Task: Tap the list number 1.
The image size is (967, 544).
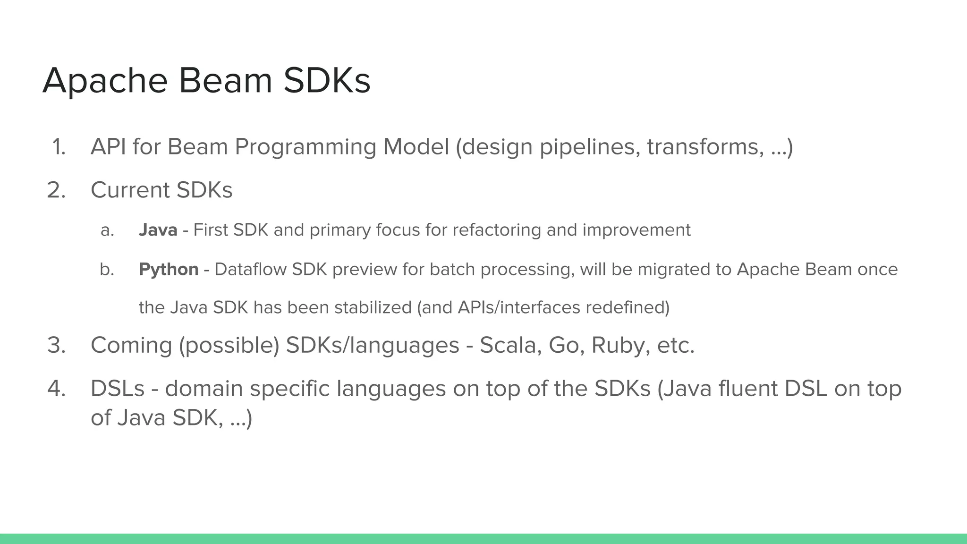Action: pyautogui.click(x=59, y=147)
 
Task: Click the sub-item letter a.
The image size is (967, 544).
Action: pyautogui.click(x=107, y=230)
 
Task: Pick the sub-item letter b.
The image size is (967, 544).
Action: pyautogui.click(x=107, y=270)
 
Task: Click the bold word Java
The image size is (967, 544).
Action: pyautogui.click(x=158, y=230)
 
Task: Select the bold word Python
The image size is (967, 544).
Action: pyautogui.click(x=169, y=270)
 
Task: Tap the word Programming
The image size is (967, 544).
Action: pyautogui.click(x=305, y=147)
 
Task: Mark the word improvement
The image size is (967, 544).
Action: pyautogui.click(x=636, y=230)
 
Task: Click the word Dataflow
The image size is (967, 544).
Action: pyautogui.click(x=250, y=269)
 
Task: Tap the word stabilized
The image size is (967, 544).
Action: pyautogui.click(x=373, y=307)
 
